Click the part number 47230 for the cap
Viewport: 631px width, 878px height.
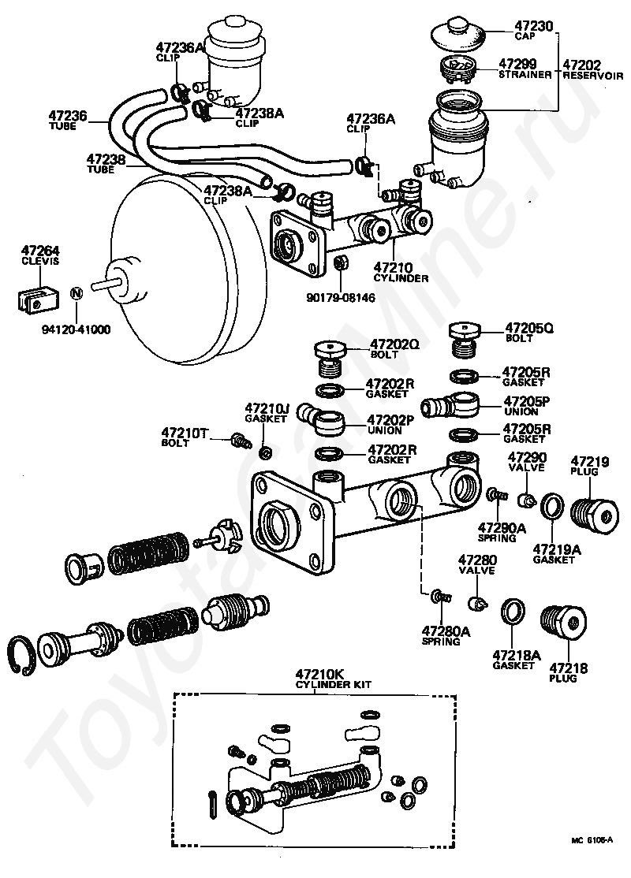point(533,26)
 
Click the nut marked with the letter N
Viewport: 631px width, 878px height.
point(77,293)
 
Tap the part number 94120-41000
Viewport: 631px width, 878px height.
point(76,329)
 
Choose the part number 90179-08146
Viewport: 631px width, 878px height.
point(340,297)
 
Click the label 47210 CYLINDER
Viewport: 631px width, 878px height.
point(401,273)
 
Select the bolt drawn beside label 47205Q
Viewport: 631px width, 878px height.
point(465,340)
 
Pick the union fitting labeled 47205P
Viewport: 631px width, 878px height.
point(450,405)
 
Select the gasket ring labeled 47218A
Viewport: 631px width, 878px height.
point(512,612)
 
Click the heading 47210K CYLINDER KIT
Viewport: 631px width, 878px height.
point(334,678)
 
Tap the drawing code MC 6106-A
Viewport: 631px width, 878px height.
point(592,839)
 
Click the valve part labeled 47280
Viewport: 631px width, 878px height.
point(476,603)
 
